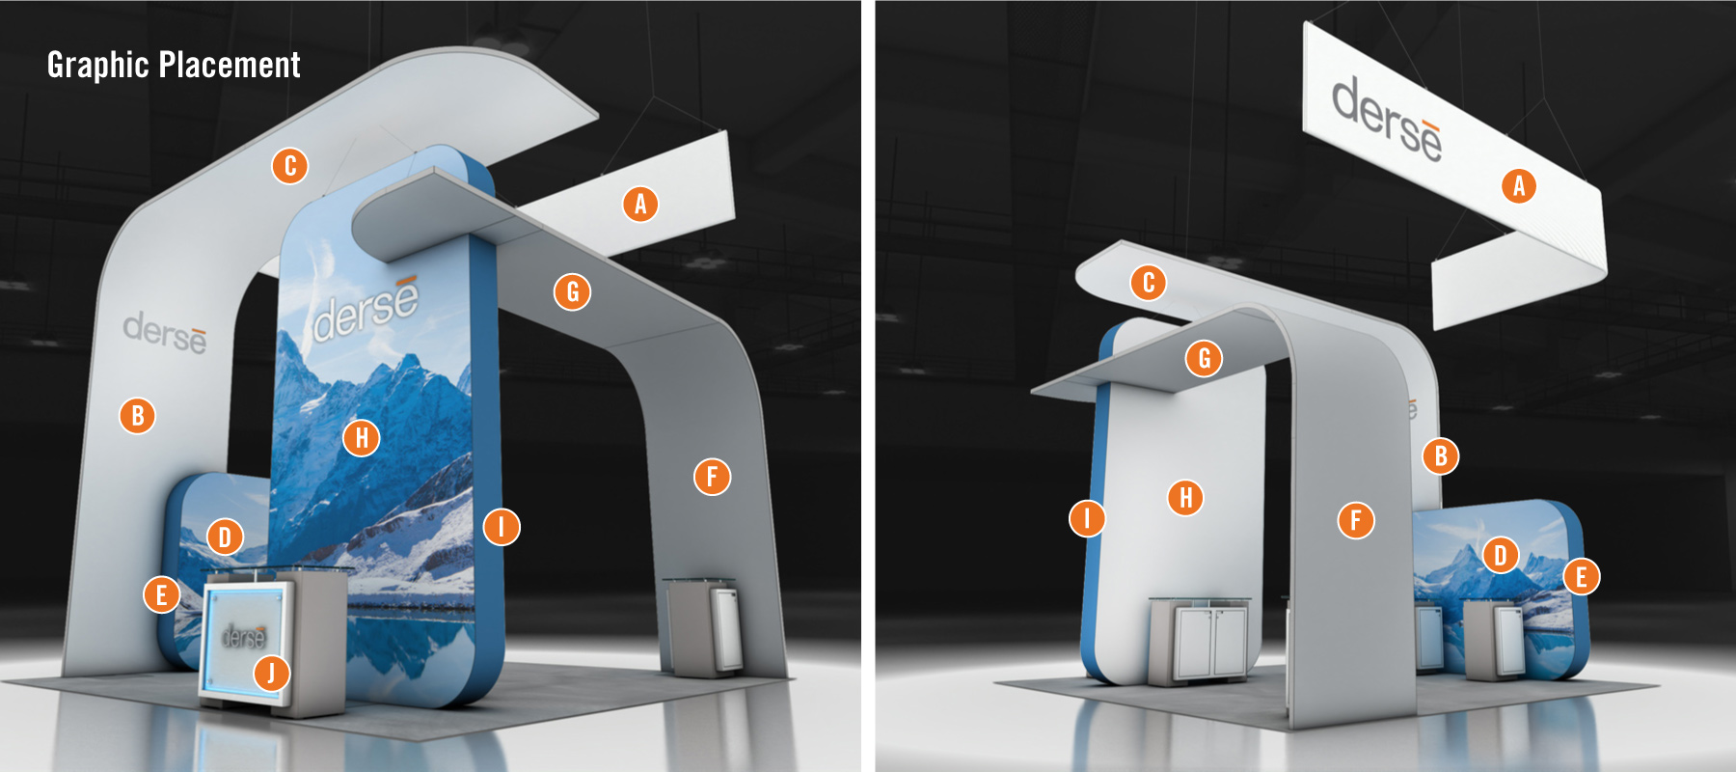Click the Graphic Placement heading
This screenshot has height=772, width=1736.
[174, 65]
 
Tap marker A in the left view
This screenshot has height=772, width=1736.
[640, 204]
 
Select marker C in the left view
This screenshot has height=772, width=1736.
[289, 166]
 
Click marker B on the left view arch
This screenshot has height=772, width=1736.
[138, 416]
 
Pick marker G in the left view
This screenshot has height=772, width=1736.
[572, 291]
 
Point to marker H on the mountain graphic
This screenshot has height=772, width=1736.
[362, 438]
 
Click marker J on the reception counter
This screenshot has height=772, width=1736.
[271, 672]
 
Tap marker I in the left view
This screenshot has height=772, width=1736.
[502, 527]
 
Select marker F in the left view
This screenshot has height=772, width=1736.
[712, 476]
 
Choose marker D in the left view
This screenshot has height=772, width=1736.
[225, 537]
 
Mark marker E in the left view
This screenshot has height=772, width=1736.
[161, 594]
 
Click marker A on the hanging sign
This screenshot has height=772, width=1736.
[1519, 185]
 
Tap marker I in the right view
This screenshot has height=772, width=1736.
[1087, 518]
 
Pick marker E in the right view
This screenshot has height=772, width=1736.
[1581, 577]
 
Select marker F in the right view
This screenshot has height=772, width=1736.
[1356, 520]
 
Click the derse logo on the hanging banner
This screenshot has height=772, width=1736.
[1387, 119]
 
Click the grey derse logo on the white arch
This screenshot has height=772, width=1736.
[165, 332]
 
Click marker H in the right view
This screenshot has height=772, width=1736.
[1185, 498]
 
